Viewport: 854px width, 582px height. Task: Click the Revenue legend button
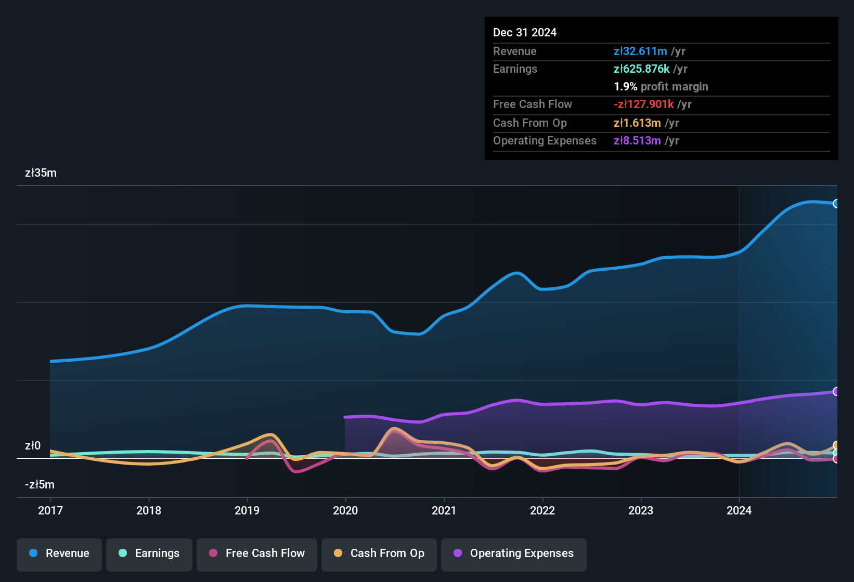point(59,553)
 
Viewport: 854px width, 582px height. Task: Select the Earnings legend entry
point(149,553)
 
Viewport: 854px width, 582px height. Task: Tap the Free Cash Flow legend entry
point(257,553)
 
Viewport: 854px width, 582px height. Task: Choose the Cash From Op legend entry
point(379,553)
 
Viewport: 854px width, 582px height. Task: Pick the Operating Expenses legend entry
point(514,553)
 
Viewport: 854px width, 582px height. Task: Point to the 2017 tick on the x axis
point(50,510)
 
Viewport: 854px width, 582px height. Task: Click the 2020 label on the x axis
point(345,510)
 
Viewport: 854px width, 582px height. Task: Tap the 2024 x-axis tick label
point(739,510)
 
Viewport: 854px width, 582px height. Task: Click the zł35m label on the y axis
point(41,173)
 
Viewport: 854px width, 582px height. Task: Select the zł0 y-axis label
point(33,446)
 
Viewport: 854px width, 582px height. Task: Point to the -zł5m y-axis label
point(40,485)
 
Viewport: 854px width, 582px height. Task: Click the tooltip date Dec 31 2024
point(525,33)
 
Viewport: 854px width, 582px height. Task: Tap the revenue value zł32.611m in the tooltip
point(640,51)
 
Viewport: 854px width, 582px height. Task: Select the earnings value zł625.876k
point(641,69)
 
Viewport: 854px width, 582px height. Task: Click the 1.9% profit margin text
point(661,87)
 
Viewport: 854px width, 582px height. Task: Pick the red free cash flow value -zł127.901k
point(644,104)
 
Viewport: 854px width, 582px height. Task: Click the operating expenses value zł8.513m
point(637,141)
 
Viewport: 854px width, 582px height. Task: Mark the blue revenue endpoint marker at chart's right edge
point(836,204)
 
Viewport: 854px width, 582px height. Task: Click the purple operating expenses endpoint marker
point(836,391)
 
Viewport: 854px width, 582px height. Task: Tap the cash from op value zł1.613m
point(637,123)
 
